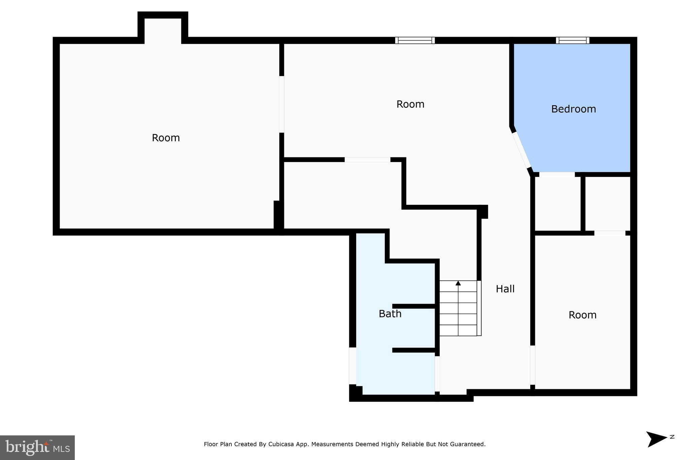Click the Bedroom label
pyautogui.click(x=573, y=109)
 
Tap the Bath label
pyautogui.click(x=390, y=314)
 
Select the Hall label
pyautogui.click(x=505, y=289)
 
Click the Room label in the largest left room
pyautogui.click(x=166, y=138)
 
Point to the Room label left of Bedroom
pyautogui.click(x=410, y=104)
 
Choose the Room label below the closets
pyautogui.click(x=583, y=315)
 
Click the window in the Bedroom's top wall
pyautogui.click(x=572, y=40)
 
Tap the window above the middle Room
pyautogui.click(x=415, y=40)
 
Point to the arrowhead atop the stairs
pyautogui.click(x=458, y=283)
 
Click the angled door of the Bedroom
pyautogui.click(x=522, y=150)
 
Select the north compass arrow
pyautogui.click(x=656, y=439)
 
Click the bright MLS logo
pyautogui.click(x=37, y=448)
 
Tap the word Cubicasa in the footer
pyautogui.click(x=280, y=444)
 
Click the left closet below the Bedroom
pyautogui.click(x=557, y=204)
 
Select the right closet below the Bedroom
pyautogui.click(x=607, y=204)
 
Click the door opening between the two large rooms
pyautogui.click(x=282, y=104)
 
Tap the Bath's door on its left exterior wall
pyautogui.click(x=352, y=366)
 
